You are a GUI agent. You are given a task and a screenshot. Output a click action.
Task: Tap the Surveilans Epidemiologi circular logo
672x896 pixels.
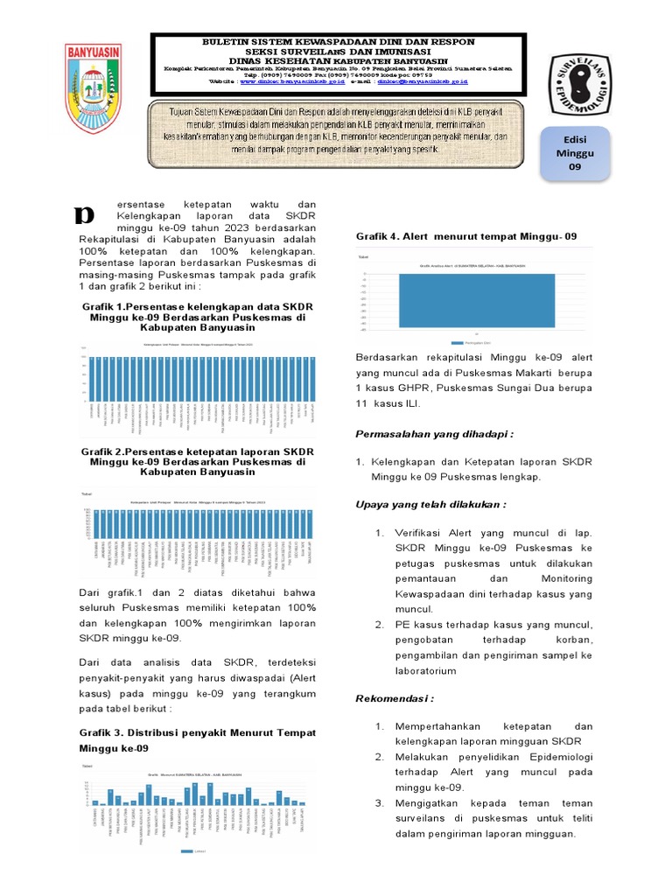[x=582, y=89]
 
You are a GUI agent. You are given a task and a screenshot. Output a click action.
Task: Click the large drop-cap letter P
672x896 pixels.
[x=85, y=213]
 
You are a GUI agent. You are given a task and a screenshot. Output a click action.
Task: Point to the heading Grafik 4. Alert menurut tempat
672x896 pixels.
[x=466, y=236]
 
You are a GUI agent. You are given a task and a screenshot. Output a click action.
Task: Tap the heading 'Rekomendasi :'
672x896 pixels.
[x=395, y=699]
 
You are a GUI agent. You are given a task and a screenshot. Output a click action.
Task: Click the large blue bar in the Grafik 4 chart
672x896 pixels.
[x=477, y=301]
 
